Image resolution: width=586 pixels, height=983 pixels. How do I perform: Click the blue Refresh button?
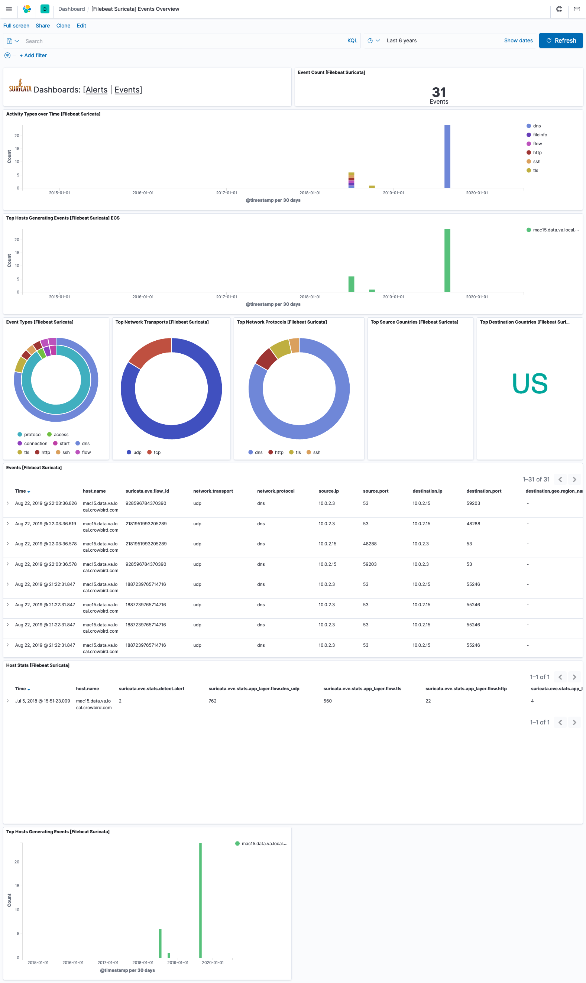click(x=560, y=40)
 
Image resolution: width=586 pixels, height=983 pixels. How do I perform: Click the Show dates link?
click(x=518, y=40)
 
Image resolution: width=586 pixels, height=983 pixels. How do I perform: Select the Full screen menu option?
click(x=16, y=26)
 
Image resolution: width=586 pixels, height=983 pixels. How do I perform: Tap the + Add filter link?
click(x=33, y=56)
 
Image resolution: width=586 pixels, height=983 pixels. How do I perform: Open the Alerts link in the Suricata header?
click(x=96, y=90)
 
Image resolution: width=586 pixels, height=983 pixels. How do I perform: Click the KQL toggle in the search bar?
click(x=352, y=40)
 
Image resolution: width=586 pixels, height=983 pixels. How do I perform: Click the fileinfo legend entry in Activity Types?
click(x=540, y=135)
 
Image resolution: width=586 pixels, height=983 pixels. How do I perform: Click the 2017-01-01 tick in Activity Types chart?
click(x=226, y=193)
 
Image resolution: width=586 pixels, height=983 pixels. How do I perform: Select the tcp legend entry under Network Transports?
click(x=157, y=452)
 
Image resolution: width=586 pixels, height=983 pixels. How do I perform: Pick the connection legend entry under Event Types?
click(x=36, y=444)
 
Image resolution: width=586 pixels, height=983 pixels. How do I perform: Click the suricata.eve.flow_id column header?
click(x=147, y=491)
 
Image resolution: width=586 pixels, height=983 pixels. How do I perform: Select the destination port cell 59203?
click(x=473, y=503)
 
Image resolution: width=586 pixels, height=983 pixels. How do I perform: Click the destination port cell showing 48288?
click(x=473, y=524)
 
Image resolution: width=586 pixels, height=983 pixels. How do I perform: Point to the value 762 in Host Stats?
click(x=213, y=701)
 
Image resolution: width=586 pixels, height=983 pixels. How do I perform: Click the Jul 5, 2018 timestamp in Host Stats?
click(x=42, y=701)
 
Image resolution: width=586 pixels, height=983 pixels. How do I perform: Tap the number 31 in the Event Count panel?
click(x=439, y=93)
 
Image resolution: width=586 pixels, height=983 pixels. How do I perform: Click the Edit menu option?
click(x=81, y=26)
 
